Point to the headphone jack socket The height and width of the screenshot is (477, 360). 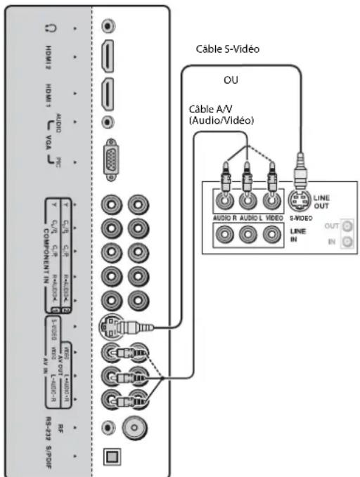107,27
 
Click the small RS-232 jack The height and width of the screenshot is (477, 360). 108,426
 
